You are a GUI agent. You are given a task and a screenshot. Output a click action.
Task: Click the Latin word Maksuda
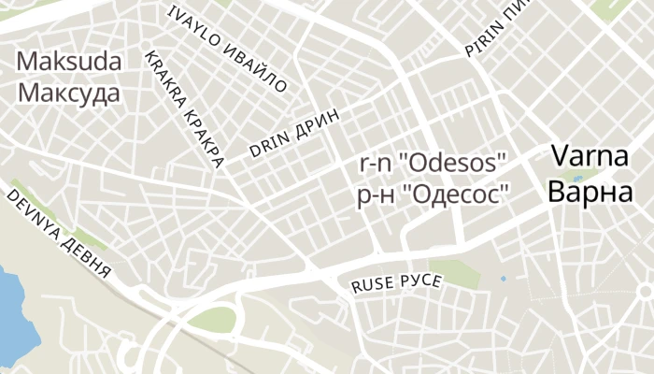[69, 63]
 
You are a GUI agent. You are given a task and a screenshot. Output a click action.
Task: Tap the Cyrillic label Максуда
[69, 94]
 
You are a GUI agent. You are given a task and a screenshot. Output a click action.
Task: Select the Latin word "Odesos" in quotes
[452, 163]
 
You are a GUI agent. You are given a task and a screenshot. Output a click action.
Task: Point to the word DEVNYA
[34, 216]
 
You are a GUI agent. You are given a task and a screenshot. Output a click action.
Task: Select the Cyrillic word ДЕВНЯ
[88, 258]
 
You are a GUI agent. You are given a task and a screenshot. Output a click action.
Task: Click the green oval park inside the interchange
[214, 320]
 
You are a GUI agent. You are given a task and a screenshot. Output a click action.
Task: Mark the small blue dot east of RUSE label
[504, 278]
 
